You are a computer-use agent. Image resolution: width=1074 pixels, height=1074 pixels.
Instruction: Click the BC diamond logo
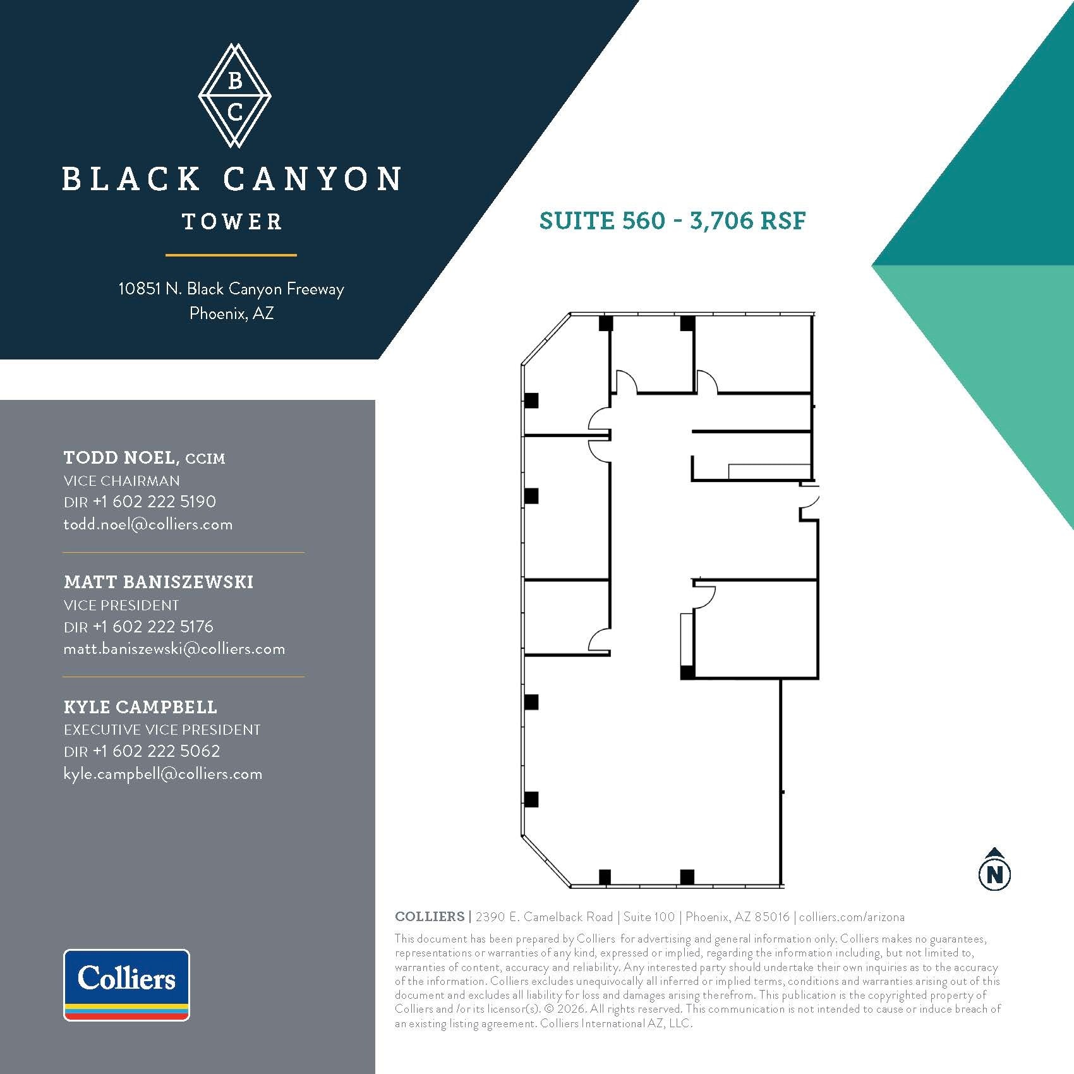(234, 95)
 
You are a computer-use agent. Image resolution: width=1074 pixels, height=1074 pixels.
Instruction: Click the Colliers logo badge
(126, 984)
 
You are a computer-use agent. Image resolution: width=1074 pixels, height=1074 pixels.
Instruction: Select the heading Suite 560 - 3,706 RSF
(672, 220)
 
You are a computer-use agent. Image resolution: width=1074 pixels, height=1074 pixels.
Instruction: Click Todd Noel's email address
(148, 524)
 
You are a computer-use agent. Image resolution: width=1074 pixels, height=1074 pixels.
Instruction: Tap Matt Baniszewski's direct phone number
(153, 626)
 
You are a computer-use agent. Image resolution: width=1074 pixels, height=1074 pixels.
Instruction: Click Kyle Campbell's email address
(163, 774)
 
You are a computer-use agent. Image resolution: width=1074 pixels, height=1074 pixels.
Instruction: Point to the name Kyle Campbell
(140, 707)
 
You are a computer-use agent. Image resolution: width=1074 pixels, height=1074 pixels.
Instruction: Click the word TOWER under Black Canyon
(232, 222)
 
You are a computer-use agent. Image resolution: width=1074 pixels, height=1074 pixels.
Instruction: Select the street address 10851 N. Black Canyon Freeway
(231, 289)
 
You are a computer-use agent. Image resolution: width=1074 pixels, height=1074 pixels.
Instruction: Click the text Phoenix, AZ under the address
(231, 313)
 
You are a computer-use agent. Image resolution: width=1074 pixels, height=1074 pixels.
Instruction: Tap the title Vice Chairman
(121, 481)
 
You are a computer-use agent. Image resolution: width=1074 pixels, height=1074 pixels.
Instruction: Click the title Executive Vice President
(162, 730)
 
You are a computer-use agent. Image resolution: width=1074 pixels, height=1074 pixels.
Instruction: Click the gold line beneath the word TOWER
(231, 255)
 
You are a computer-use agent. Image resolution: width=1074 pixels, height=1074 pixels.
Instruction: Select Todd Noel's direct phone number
(154, 502)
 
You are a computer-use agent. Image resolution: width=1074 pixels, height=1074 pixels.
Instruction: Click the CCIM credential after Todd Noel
(205, 459)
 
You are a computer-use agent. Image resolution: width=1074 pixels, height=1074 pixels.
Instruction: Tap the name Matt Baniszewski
(159, 582)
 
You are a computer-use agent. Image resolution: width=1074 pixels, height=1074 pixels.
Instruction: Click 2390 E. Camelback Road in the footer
(544, 917)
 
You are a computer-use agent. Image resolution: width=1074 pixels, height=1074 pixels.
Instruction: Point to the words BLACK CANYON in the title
(232, 179)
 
